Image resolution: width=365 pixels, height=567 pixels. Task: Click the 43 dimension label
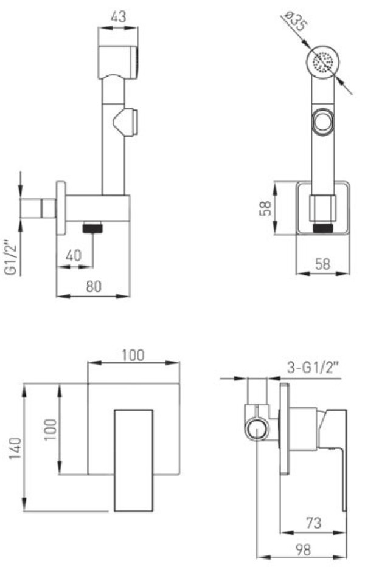(x=119, y=16)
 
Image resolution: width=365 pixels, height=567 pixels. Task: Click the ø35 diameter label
(x=296, y=22)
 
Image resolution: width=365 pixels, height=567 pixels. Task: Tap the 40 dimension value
(x=74, y=256)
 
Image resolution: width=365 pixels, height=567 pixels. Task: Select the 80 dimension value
(x=94, y=286)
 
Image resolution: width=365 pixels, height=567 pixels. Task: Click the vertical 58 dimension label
(x=266, y=208)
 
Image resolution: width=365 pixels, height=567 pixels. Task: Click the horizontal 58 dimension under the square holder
(x=322, y=264)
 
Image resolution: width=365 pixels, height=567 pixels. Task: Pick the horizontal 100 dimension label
(x=133, y=355)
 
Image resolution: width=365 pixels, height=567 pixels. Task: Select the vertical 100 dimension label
(x=50, y=429)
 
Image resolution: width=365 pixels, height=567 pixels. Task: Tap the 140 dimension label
(x=15, y=448)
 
